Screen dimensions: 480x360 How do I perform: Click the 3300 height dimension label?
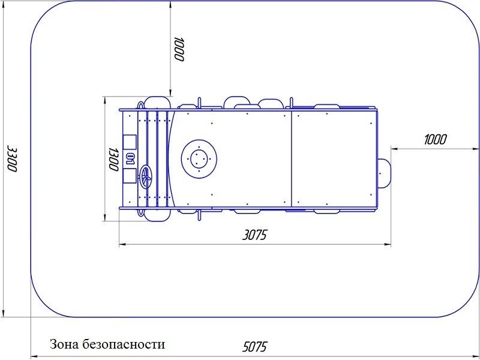(x=13, y=159)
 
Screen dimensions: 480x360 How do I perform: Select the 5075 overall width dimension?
(x=254, y=347)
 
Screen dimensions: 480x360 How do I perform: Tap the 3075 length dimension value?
(x=254, y=235)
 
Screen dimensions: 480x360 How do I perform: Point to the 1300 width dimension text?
(x=113, y=159)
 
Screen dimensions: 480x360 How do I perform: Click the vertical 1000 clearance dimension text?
(x=178, y=49)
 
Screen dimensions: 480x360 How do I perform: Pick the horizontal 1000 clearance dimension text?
(x=435, y=140)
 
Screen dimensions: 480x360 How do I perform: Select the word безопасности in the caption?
(x=124, y=344)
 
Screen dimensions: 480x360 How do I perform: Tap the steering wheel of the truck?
(x=145, y=176)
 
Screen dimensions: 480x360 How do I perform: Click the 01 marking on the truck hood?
(x=131, y=159)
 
